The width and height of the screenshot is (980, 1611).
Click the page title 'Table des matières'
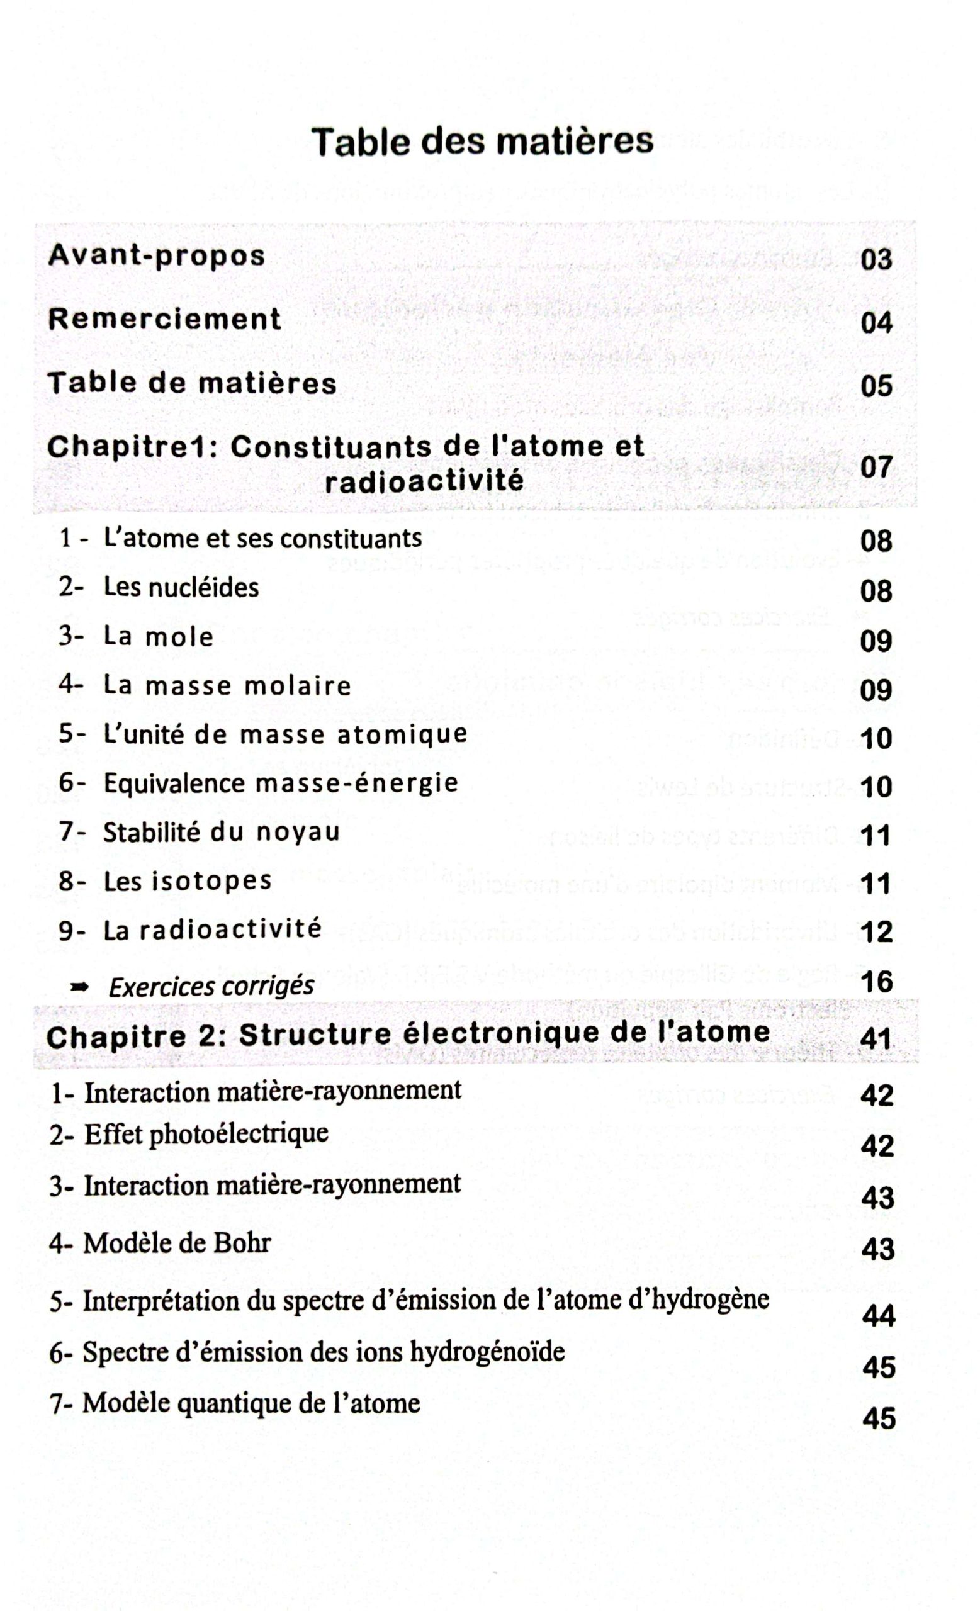(x=482, y=141)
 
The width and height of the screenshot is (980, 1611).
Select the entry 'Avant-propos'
(x=157, y=255)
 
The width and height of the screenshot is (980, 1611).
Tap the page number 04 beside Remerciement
(x=876, y=322)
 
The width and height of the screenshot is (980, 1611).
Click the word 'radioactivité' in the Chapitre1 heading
(x=424, y=481)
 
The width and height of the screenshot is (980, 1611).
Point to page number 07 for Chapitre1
(x=876, y=467)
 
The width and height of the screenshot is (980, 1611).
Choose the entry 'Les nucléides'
(x=181, y=587)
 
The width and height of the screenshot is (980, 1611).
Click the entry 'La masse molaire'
(x=227, y=685)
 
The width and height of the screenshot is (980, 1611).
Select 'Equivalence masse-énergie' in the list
(x=281, y=783)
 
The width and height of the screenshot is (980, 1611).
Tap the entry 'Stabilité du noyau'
(x=222, y=832)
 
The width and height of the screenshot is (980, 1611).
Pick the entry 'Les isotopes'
(x=188, y=880)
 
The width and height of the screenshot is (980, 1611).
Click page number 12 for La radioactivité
(x=876, y=932)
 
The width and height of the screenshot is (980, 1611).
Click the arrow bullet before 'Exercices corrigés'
(x=80, y=988)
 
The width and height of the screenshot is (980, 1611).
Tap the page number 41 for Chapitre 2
(x=876, y=1038)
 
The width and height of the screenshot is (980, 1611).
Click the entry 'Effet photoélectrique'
(x=206, y=1134)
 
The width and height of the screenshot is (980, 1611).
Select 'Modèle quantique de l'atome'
(x=251, y=1403)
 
